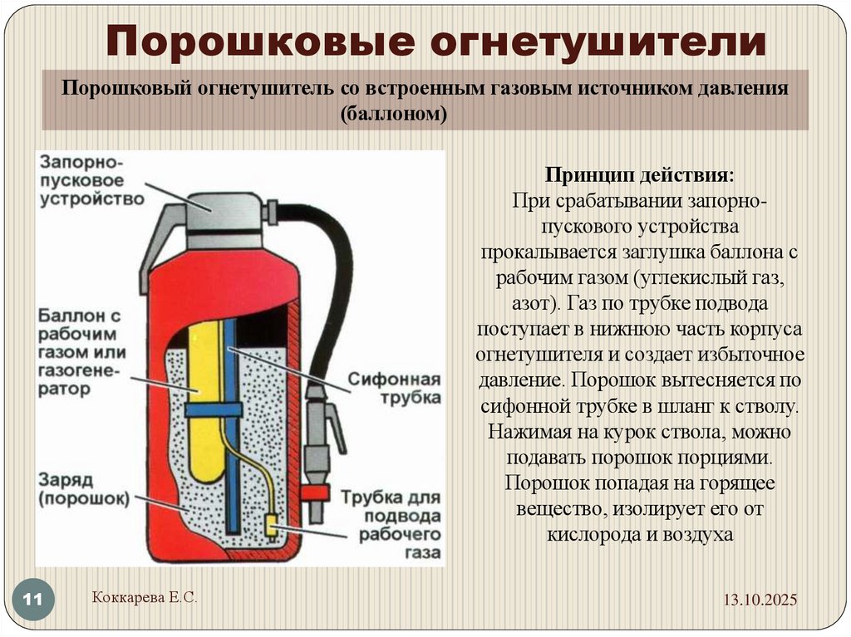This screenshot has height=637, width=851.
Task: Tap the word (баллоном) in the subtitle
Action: point(393,114)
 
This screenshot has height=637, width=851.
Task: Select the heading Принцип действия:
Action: point(639,175)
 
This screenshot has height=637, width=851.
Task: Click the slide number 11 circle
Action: point(34,599)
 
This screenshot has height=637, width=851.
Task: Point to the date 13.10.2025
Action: point(759,599)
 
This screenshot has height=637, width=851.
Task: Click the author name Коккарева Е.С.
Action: point(142,596)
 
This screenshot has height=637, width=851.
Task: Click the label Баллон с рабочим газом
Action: point(81,352)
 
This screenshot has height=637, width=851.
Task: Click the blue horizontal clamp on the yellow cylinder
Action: point(213,409)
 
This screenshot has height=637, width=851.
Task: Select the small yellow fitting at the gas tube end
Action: point(271,524)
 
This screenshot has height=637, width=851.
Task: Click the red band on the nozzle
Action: point(315,492)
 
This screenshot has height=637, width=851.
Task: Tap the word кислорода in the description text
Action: point(592,533)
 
